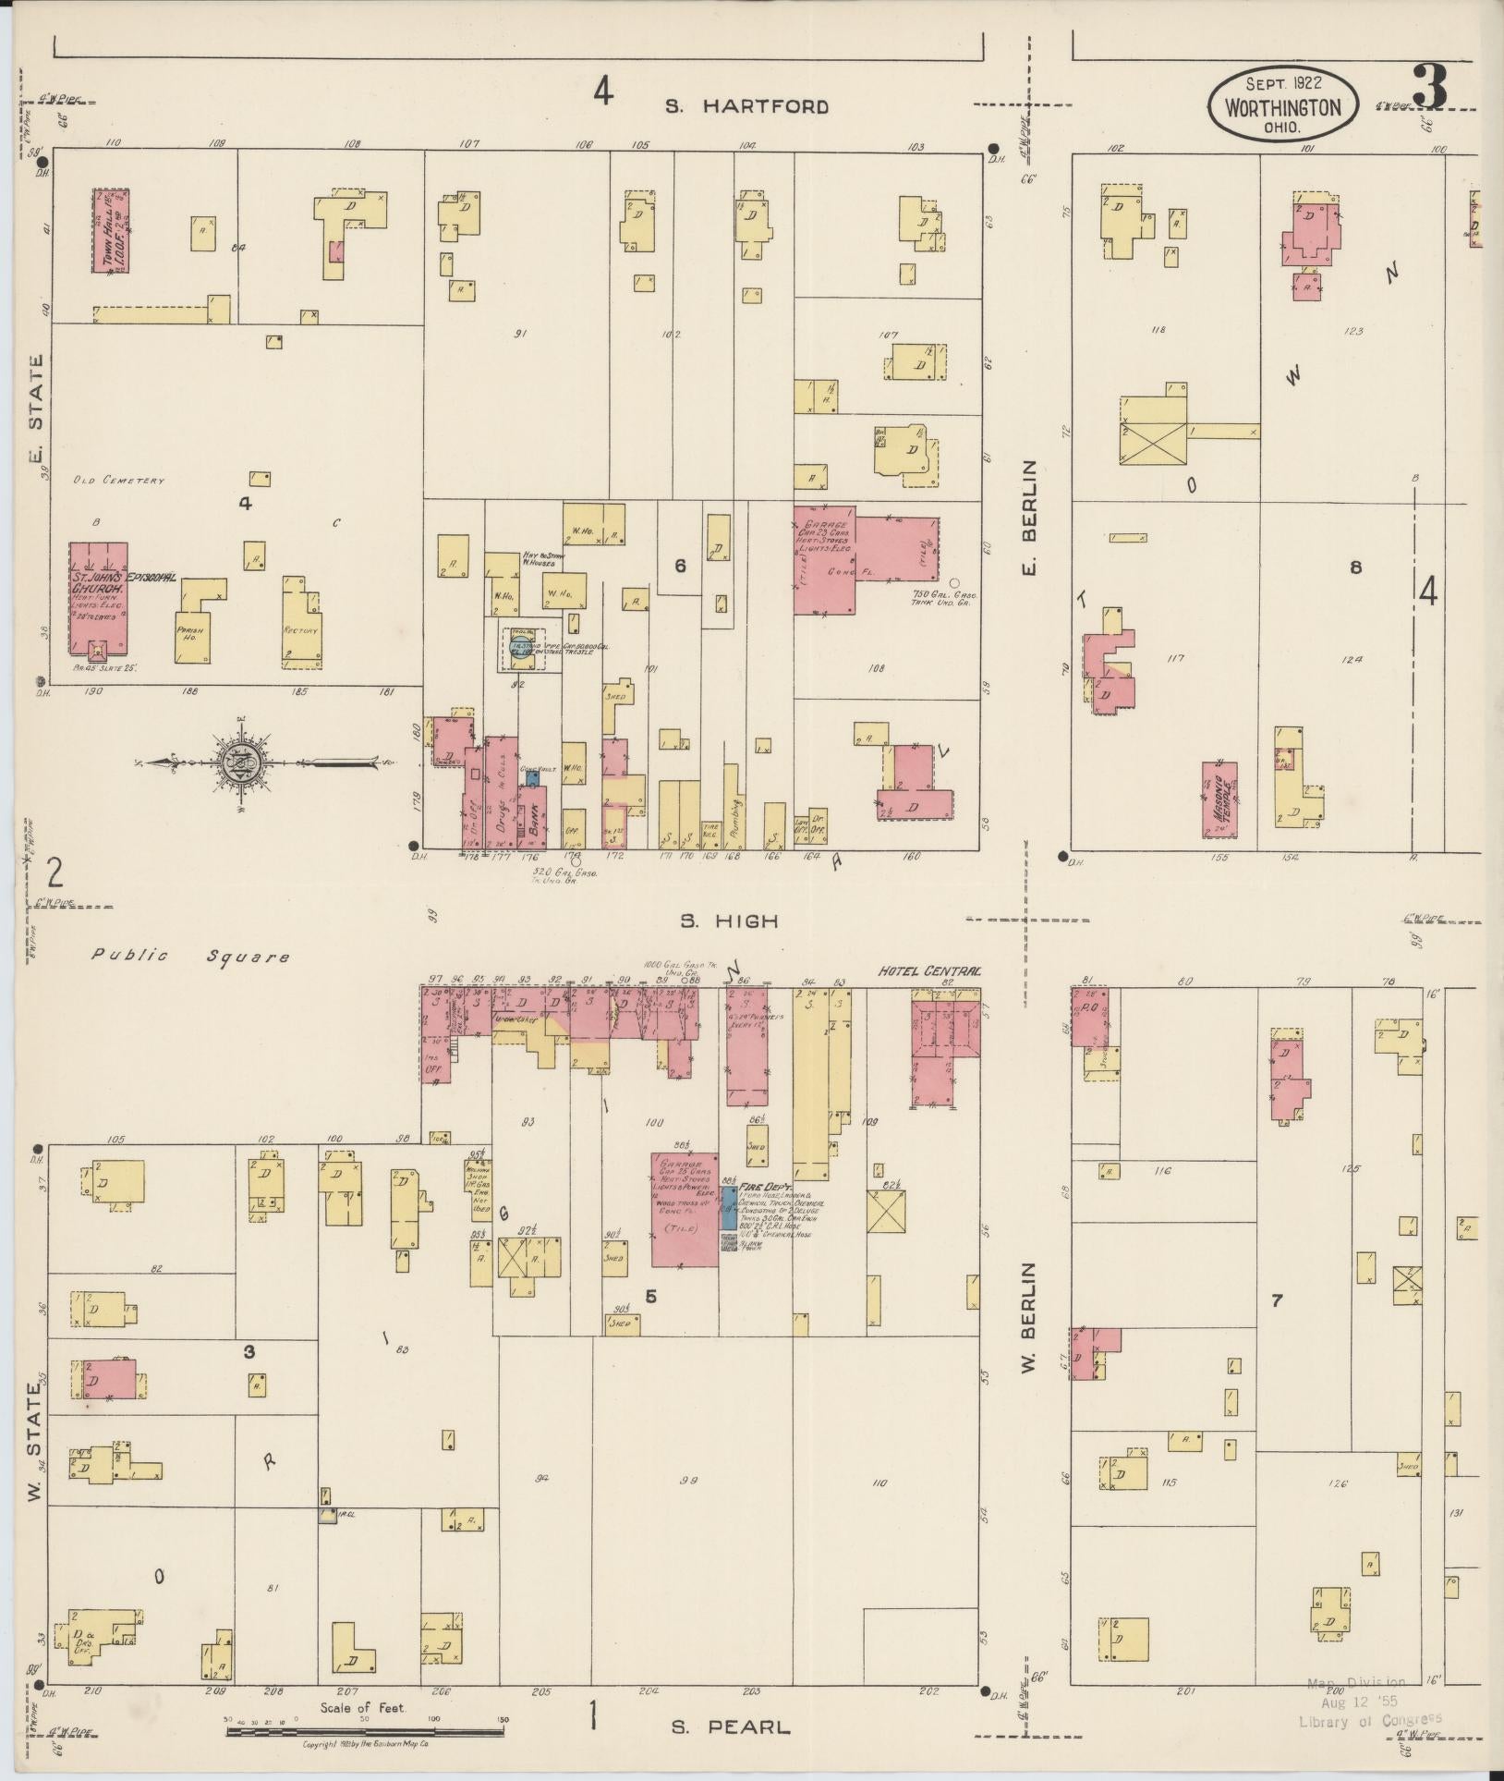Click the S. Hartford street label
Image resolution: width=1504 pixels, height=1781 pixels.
747,106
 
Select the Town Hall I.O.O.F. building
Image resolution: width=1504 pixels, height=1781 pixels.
110,231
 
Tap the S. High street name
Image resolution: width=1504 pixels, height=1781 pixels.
729,921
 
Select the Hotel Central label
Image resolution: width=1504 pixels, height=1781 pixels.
930,971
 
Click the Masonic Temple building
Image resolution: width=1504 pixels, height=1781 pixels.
1219,799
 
